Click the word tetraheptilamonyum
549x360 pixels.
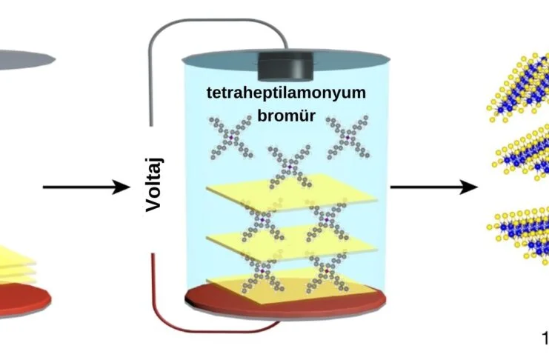click(287, 93)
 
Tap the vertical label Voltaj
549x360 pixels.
click(154, 184)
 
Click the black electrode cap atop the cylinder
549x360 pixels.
click(286, 66)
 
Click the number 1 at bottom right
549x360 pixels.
click(545, 339)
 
